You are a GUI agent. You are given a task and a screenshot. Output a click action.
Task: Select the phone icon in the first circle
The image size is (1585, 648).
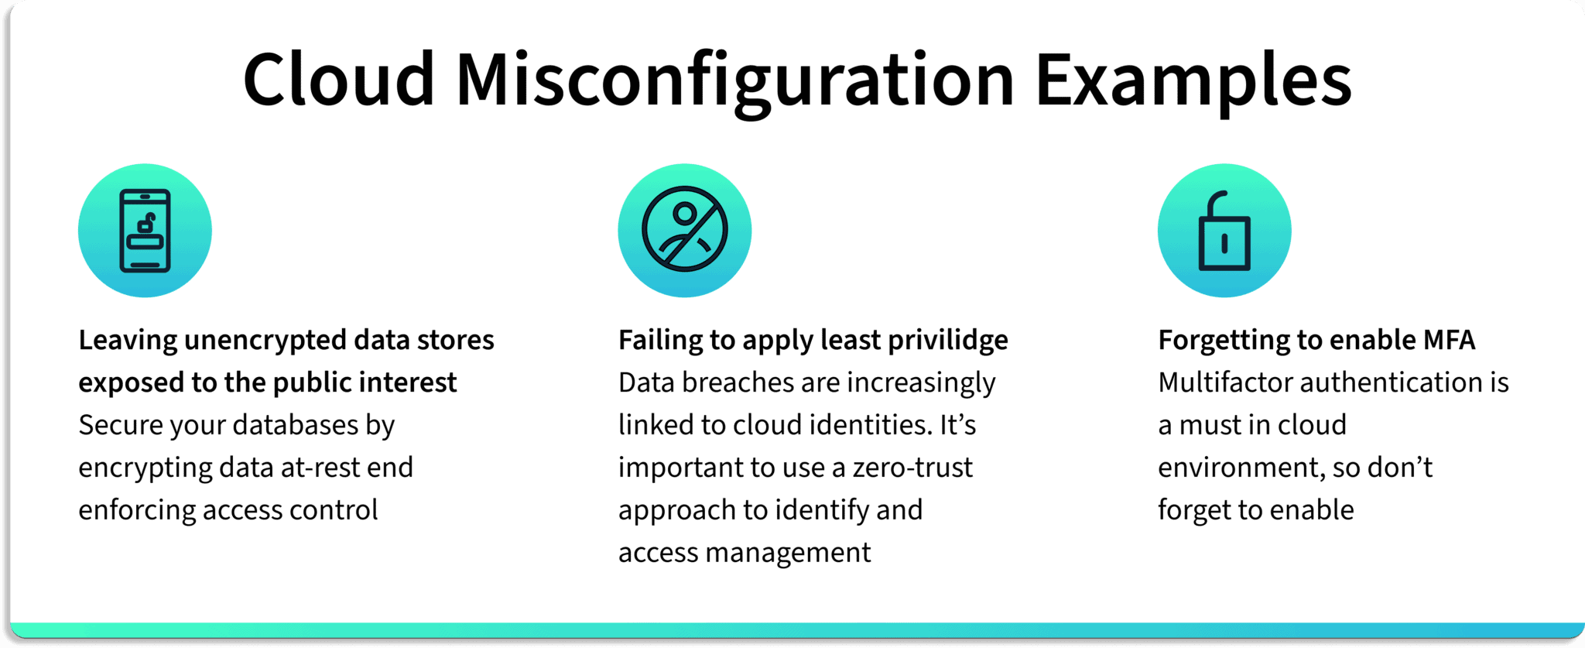pyautogui.click(x=145, y=231)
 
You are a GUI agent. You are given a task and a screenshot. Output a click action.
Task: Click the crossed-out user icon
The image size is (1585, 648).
pyautogui.click(x=685, y=230)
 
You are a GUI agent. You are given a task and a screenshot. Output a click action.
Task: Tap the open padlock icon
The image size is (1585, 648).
pyautogui.click(x=1224, y=231)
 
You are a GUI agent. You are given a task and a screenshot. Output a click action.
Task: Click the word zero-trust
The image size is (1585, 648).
pyautogui.click(x=912, y=468)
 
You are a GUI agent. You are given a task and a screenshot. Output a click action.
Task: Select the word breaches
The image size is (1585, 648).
pyautogui.click(x=738, y=382)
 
